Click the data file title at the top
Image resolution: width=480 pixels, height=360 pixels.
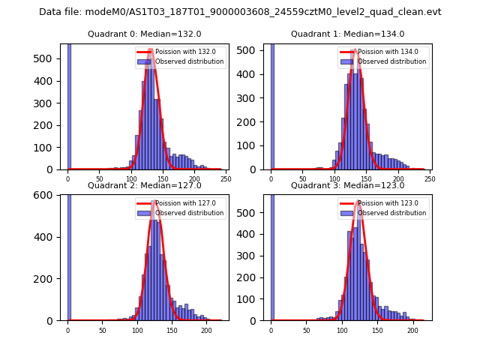coord(240,12)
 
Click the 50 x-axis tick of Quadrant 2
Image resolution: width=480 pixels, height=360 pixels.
coord(103,330)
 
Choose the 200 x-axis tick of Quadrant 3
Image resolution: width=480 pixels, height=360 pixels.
coord(412,330)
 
